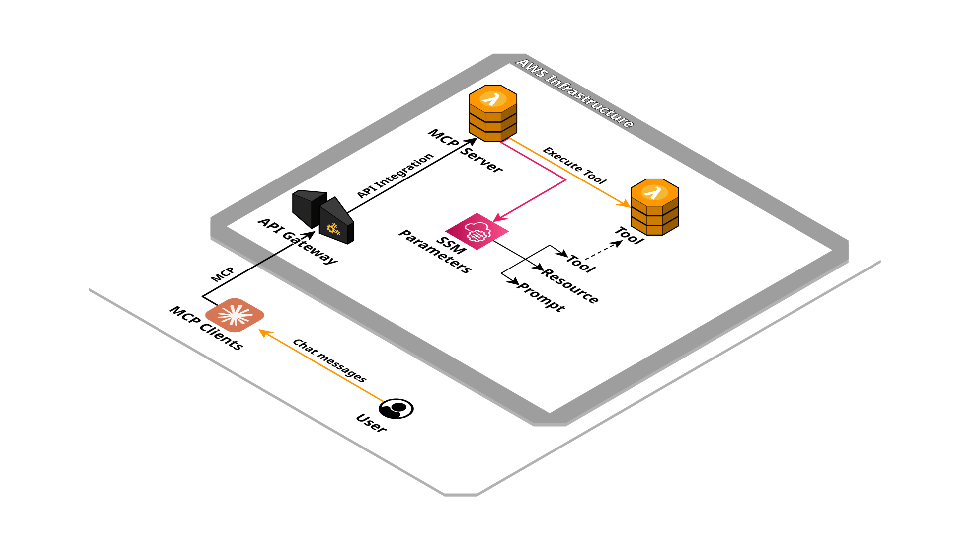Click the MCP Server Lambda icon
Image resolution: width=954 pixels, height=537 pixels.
[x=493, y=113]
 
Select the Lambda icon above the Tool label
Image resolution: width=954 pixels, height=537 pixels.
[x=654, y=207]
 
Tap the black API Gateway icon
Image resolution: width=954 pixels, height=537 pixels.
[x=323, y=217]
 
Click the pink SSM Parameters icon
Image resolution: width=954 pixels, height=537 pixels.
[x=477, y=231]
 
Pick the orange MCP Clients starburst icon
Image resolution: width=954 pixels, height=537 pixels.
[x=235, y=315]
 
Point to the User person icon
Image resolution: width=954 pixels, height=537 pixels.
[x=396, y=409]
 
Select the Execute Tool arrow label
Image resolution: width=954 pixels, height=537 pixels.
[x=574, y=166]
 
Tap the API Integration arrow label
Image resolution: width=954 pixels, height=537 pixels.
[x=396, y=176]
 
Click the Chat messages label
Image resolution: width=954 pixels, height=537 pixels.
[x=329, y=360]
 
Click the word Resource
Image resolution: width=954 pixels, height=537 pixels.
[x=570, y=285]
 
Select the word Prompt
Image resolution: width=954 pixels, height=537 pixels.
[x=541, y=296]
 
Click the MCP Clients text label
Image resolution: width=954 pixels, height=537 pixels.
[x=206, y=328]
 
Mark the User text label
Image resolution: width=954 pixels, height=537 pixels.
[x=371, y=423]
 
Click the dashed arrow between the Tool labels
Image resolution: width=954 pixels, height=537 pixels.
[x=603, y=251]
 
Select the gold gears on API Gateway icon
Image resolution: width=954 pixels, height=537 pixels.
[x=333, y=229]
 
